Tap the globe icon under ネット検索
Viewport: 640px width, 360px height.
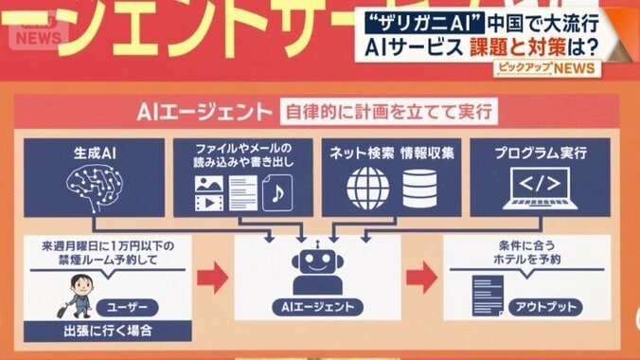click(367, 188)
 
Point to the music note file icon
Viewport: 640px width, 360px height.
click(277, 192)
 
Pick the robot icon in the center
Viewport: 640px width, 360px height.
click(317, 266)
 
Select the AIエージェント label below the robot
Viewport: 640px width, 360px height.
click(318, 307)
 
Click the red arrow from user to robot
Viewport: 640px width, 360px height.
click(214, 277)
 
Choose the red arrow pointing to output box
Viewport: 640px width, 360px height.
click(421, 277)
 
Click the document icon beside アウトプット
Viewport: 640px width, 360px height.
click(487, 294)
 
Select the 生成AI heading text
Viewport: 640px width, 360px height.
click(95, 152)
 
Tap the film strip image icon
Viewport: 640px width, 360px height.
click(207, 197)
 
